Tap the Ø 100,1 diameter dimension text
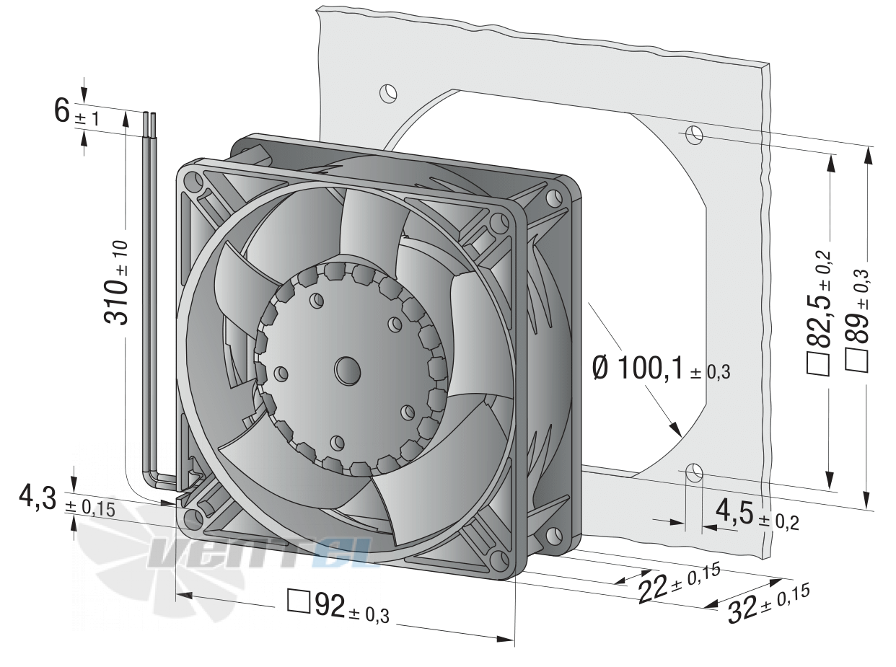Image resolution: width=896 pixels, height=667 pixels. [x=662, y=369]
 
